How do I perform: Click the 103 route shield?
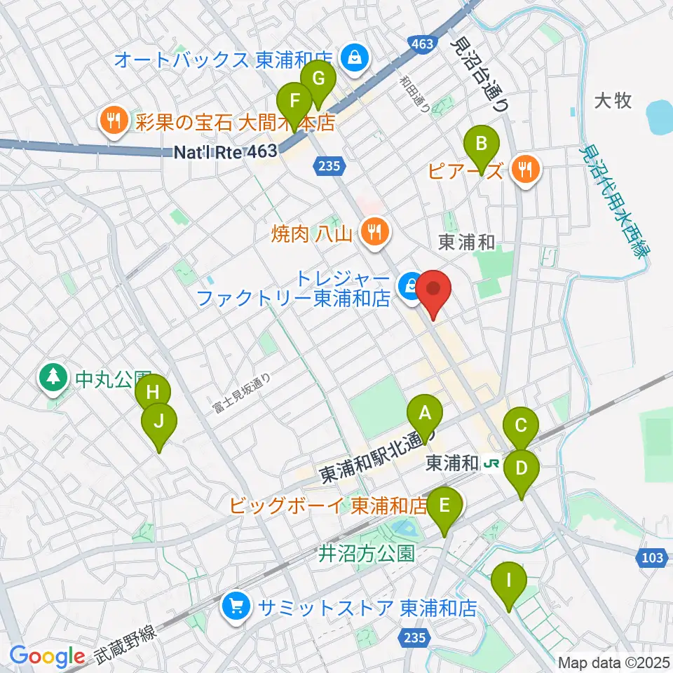[651, 558]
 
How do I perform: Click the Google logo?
[47, 655]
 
